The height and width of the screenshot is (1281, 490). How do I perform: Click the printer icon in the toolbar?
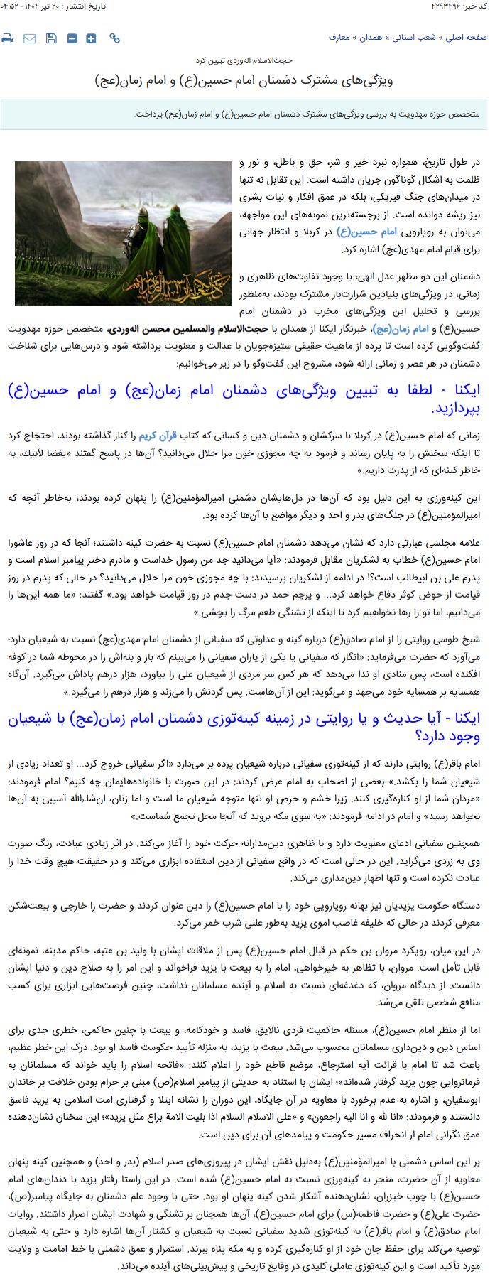click(x=7, y=38)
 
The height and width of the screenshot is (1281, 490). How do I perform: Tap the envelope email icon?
click(x=29, y=38)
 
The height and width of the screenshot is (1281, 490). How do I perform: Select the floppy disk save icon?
click(x=51, y=38)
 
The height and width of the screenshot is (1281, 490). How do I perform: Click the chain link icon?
click(x=114, y=38)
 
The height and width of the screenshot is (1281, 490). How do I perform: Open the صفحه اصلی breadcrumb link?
click(x=466, y=38)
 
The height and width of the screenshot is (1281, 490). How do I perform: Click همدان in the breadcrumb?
click(x=371, y=38)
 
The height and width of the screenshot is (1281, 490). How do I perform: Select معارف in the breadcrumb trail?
click(x=339, y=38)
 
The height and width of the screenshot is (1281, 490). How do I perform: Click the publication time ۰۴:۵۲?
click(x=13, y=6)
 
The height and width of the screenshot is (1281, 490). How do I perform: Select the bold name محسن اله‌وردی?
click(x=165, y=329)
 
